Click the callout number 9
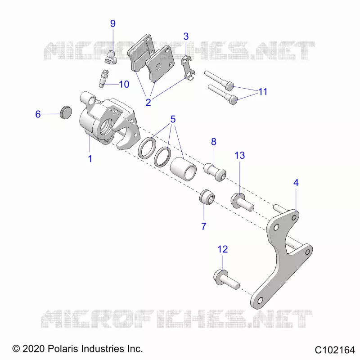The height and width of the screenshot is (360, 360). coord(113,23)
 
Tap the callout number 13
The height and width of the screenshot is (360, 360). coord(239,155)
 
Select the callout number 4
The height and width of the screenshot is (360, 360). coord(296,183)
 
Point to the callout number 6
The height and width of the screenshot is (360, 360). coord(38,114)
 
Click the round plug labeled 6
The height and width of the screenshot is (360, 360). coord(66,112)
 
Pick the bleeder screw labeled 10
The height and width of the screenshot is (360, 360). coord(103,78)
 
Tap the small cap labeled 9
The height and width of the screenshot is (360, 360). coord(111,57)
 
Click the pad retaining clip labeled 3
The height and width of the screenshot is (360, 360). coord(188,68)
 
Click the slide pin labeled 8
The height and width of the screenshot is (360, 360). coord(215,172)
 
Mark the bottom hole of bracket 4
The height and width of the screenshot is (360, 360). coord(260,300)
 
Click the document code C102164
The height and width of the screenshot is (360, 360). coord(335,350)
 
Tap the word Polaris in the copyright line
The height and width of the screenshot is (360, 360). coord(63,349)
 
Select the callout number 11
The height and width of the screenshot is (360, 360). coord(263,92)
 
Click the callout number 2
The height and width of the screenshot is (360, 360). coord(148,103)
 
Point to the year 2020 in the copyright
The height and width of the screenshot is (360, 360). coord(33,349)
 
